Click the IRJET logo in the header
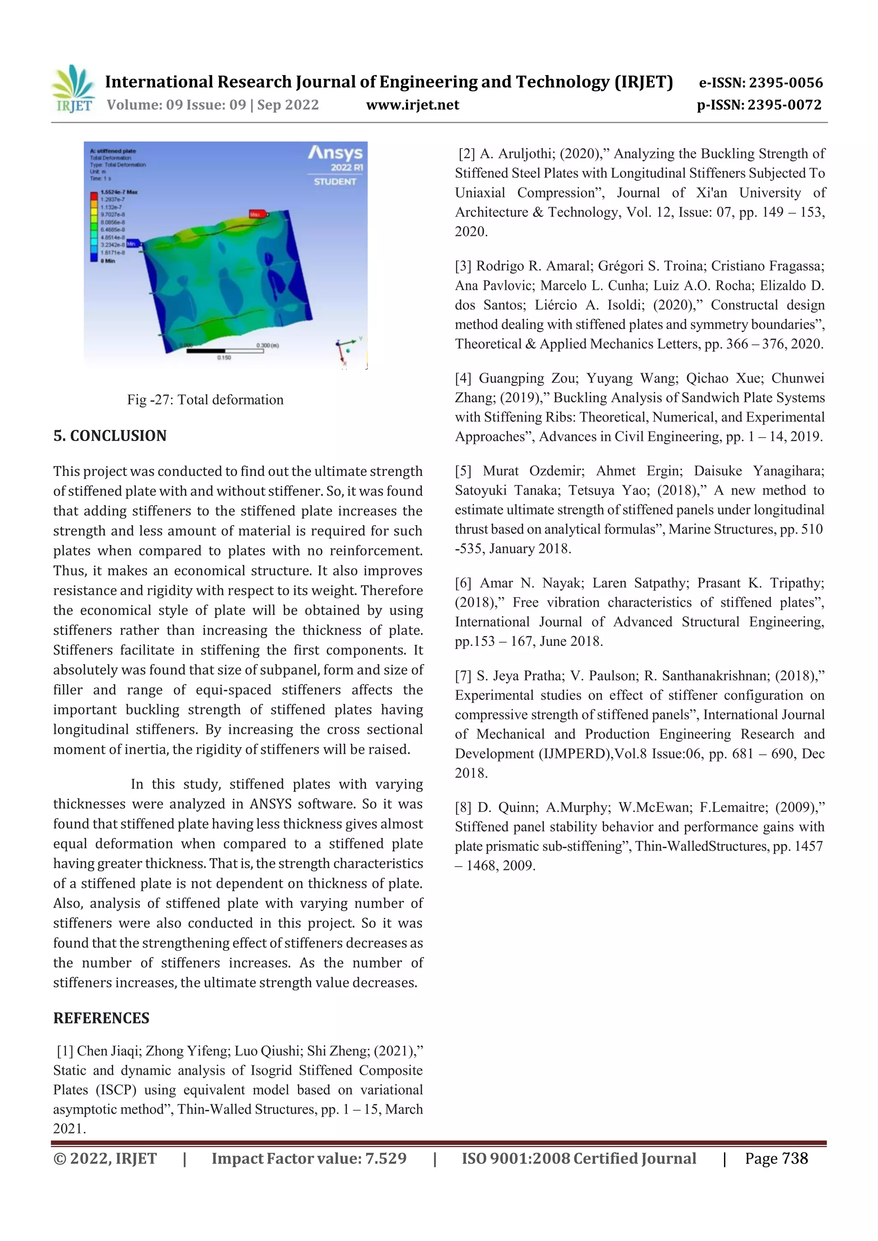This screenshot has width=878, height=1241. [x=73, y=89]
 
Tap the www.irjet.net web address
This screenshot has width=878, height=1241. [x=412, y=105]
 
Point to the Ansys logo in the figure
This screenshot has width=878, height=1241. [x=335, y=153]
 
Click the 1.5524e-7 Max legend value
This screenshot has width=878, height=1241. [x=119, y=192]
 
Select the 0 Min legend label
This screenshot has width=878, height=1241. [x=108, y=261]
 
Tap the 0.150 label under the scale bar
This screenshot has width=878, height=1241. [x=224, y=358]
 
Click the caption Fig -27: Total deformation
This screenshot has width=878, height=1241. [x=205, y=400]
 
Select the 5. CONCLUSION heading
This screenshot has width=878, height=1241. [x=110, y=436]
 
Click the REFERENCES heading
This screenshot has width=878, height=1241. [x=101, y=1018]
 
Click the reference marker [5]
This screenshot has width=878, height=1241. [x=463, y=471]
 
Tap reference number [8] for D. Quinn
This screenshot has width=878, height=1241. [x=463, y=807]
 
